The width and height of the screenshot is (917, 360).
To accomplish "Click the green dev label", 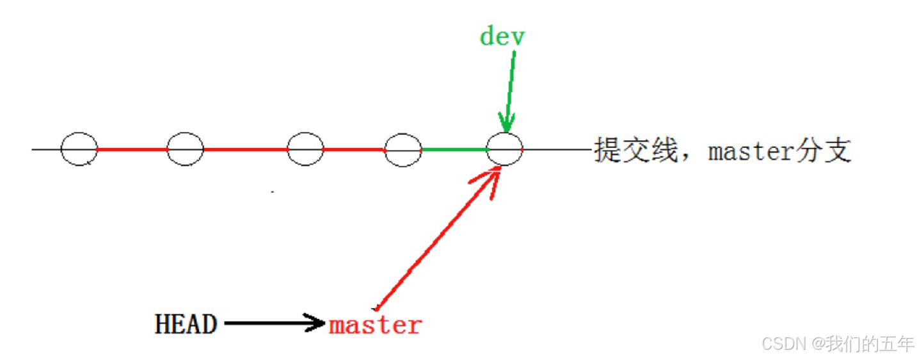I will pos(502,37).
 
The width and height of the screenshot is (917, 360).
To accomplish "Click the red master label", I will pos(376,325).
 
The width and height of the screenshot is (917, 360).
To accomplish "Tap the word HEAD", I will pos(186,324).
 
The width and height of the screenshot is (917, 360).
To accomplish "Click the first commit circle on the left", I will pos(79,149).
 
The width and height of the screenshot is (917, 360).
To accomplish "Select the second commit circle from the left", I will pos(185,149).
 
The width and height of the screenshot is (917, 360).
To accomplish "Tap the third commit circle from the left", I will pos(305,149).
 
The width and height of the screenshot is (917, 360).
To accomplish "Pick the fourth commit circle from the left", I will pos(403,149).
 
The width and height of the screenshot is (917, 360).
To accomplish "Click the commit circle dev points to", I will pos(504,149).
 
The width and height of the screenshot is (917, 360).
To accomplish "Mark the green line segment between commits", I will pos(454,149).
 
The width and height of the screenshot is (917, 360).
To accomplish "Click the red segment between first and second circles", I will pos(132,149).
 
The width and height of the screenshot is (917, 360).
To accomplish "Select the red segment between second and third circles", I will pos(245,149).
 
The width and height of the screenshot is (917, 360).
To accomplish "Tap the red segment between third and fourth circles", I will pos(354,149).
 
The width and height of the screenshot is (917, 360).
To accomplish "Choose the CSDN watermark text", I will pos(783,344).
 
